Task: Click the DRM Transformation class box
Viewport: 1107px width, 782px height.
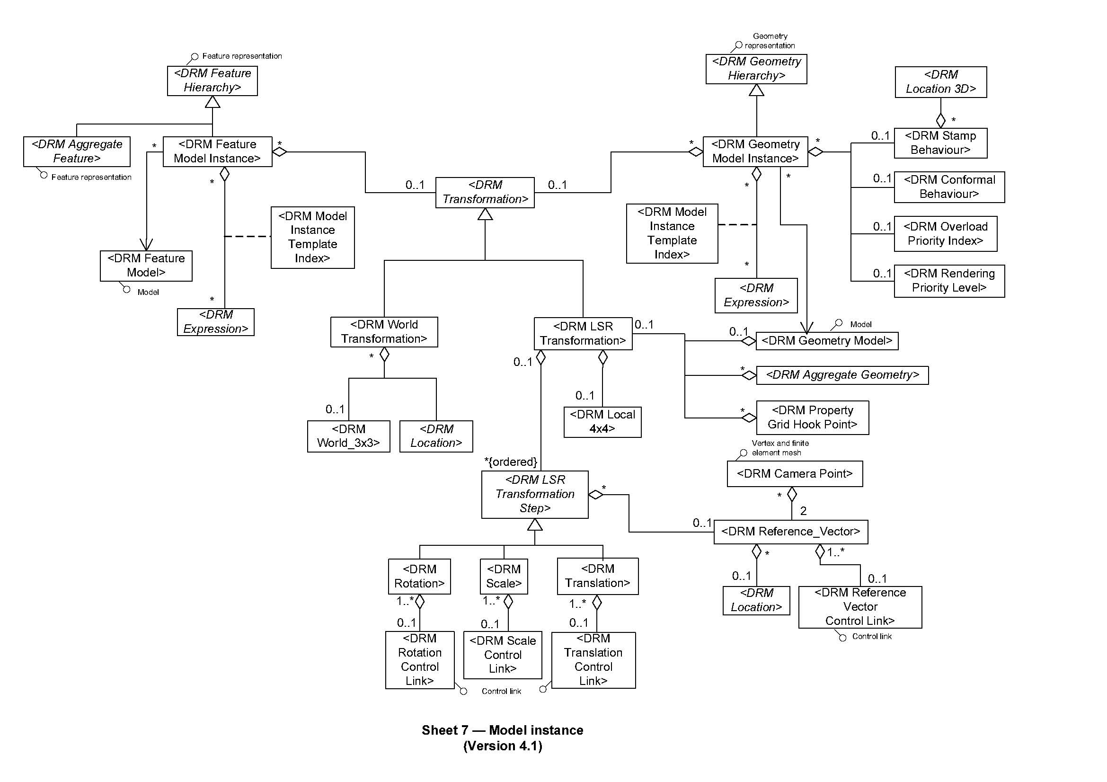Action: point(485,192)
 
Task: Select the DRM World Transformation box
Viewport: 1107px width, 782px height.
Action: point(384,332)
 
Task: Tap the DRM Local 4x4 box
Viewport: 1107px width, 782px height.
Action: point(602,422)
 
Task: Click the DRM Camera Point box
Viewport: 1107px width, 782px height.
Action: point(794,474)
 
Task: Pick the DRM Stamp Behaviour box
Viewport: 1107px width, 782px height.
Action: point(940,142)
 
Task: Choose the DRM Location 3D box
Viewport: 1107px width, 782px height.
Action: point(940,82)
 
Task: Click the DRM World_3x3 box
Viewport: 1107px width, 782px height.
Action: point(348,436)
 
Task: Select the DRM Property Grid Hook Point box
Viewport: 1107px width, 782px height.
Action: point(812,418)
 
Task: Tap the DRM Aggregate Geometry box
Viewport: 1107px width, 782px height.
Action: point(842,375)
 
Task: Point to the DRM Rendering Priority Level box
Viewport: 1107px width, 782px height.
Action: point(949,281)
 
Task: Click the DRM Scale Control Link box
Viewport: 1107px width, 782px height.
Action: point(503,655)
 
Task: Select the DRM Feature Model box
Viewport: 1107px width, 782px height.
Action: point(146,266)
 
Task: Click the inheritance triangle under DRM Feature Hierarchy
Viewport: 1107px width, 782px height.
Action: point(213,102)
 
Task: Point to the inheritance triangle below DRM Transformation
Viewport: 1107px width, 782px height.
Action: point(485,214)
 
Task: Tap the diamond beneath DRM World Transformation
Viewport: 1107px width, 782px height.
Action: point(384,355)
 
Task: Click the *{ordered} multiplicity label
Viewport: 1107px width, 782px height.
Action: point(511,462)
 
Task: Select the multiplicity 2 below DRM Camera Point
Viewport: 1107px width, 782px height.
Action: point(803,511)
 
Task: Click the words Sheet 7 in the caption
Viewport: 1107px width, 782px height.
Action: point(444,730)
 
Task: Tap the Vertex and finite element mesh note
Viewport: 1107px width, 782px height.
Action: point(779,448)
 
